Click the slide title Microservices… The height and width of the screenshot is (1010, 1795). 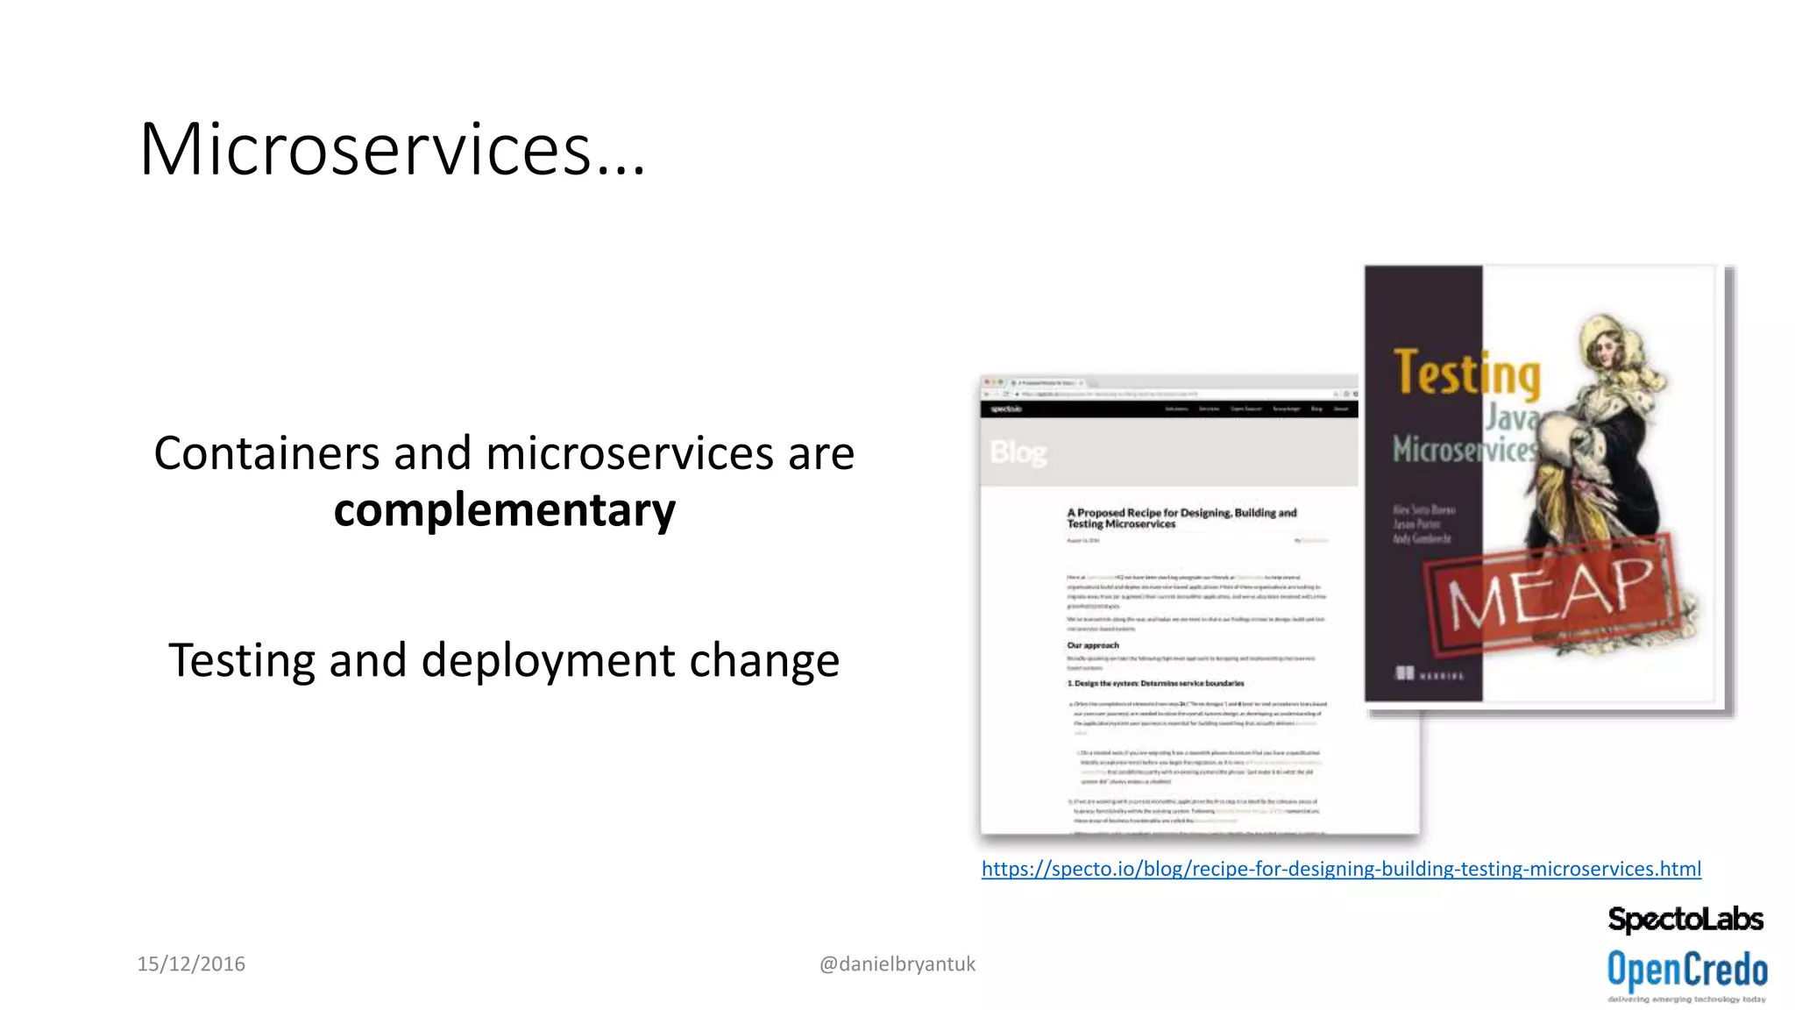[x=392, y=150]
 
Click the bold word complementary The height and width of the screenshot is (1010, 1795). [x=505, y=510]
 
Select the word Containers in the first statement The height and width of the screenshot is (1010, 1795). [x=267, y=454]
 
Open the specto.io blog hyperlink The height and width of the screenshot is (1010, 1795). [x=1341, y=869]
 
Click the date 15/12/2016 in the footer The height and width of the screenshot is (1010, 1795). [x=191, y=964]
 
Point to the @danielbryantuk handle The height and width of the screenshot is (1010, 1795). [x=897, y=964]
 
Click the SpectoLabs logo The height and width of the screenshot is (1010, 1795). [x=1685, y=919]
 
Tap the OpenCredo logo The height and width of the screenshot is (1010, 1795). [x=1686, y=971]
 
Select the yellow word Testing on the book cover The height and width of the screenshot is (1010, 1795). [x=1466, y=373]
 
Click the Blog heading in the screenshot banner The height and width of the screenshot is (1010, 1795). [x=1018, y=453]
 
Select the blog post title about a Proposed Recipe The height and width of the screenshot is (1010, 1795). [x=1181, y=518]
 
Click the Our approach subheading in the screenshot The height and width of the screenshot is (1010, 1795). [x=1092, y=645]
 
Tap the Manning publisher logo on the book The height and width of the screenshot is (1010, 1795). [x=1429, y=673]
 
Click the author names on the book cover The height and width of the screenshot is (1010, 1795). [x=1423, y=523]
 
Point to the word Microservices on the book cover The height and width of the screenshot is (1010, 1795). [x=1464, y=450]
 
